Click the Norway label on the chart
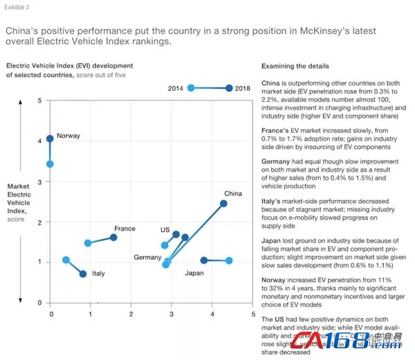click(68, 136)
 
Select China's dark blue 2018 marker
click(223, 204)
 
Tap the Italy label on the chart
click(99, 273)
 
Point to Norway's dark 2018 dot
click(50, 139)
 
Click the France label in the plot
click(124, 228)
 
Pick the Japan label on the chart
click(194, 273)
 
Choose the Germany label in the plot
click(147, 258)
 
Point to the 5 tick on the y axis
click(39, 101)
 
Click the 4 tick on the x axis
click(212, 314)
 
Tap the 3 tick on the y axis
click(39, 181)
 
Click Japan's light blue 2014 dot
click(229, 261)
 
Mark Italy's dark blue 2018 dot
click(83, 274)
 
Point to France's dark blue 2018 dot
click(113, 237)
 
